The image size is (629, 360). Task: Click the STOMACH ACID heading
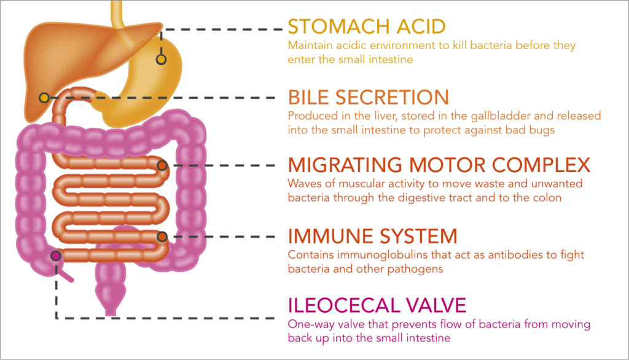[x=367, y=26]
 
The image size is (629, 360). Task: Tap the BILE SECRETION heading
[x=369, y=97]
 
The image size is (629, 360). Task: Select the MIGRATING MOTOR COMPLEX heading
[x=439, y=165]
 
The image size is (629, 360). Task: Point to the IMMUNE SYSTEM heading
[x=373, y=236]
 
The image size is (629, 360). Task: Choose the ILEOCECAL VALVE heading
[x=377, y=305]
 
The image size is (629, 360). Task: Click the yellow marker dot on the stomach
[x=162, y=60]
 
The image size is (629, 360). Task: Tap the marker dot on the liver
[x=44, y=98]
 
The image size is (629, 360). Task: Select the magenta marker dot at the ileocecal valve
[x=56, y=255]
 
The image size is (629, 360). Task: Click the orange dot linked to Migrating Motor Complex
[x=162, y=165]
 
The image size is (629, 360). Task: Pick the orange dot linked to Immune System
[x=162, y=237]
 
